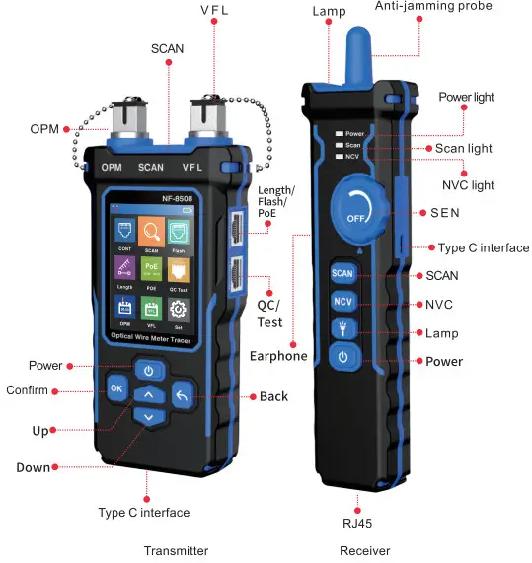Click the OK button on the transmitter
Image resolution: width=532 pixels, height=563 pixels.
point(117,388)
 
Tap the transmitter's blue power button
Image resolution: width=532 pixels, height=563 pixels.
point(148,371)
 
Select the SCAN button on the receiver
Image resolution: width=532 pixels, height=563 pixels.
point(342,274)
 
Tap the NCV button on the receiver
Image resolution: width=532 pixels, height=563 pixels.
point(342,302)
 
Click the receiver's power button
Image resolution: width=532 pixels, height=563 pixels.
point(342,357)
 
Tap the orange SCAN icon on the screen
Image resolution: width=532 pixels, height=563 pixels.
point(152,234)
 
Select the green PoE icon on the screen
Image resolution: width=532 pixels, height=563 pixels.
point(152,271)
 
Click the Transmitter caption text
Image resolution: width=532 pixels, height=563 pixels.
point(176,551)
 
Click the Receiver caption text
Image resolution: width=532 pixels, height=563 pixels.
point(364,551)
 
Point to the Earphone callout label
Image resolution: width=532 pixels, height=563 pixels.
point(278,356)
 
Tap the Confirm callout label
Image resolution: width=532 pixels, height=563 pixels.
point(27,390)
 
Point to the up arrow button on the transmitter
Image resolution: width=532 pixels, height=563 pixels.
point(148,395)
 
